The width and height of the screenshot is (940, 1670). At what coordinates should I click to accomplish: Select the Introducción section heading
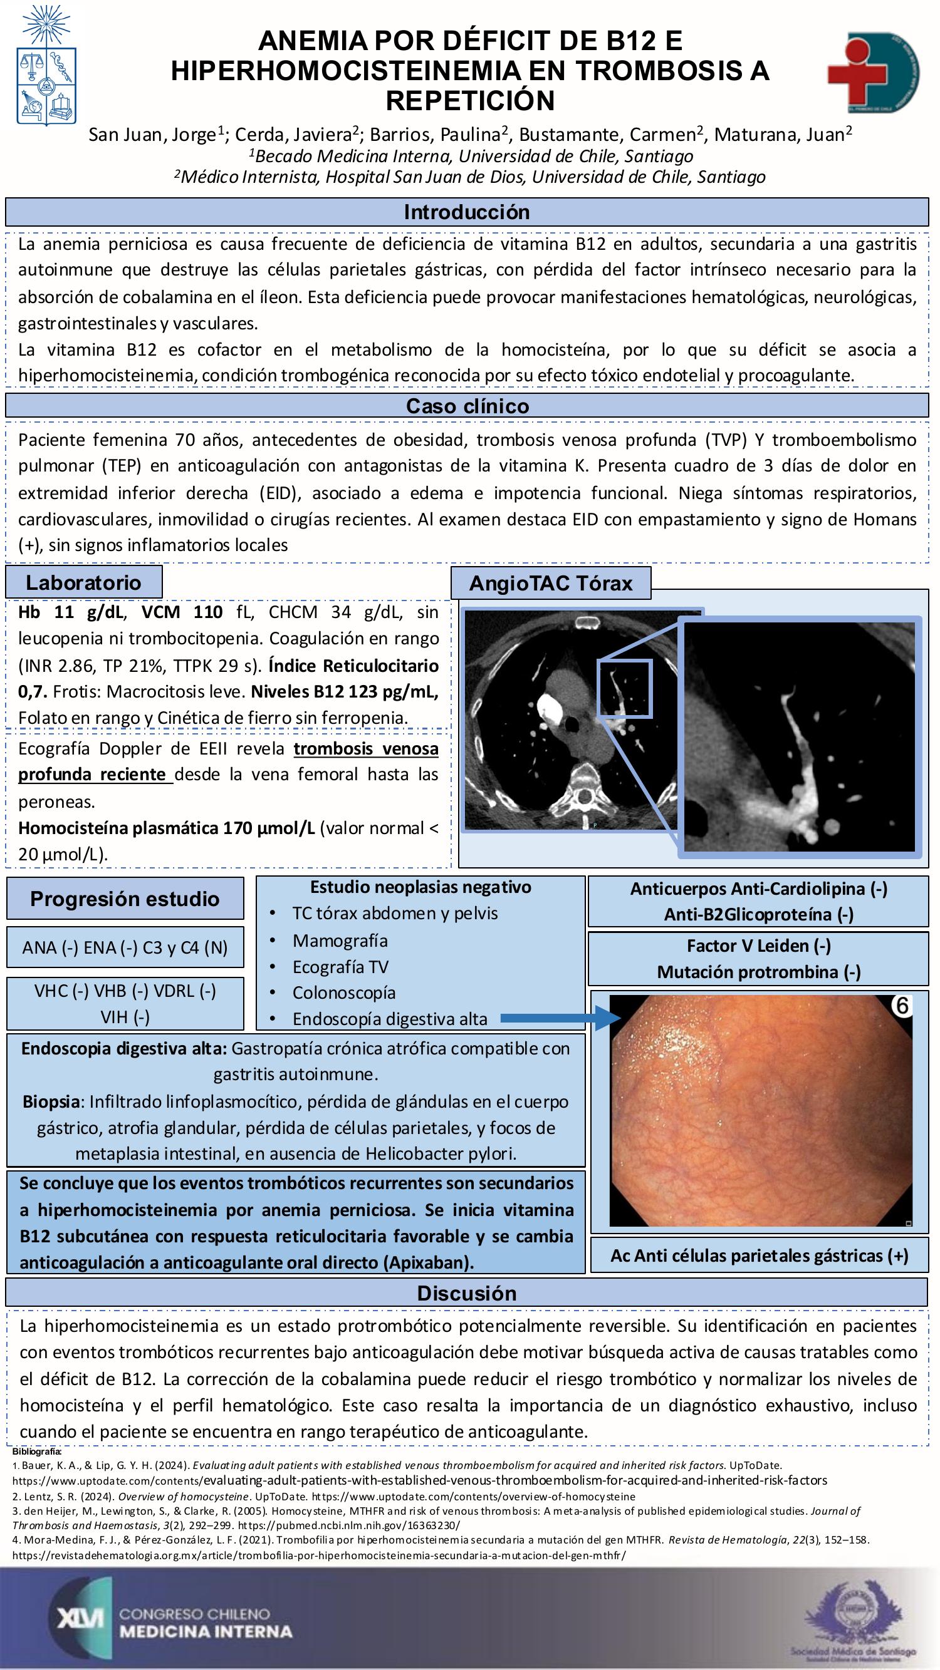click(x=466, y=212)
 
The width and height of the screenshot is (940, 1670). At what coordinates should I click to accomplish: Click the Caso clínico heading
click(x=467, y=406)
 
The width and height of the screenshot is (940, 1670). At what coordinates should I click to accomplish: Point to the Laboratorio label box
click(x=84, y=582)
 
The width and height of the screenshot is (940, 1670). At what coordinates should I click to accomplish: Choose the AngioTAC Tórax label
click(x=550, y=583)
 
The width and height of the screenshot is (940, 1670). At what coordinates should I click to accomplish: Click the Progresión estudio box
click(x=125, y=899)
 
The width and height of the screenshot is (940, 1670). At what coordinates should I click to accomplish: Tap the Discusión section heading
click(x=466, y=1293)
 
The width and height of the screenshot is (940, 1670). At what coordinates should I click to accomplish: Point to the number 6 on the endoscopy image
click(x=902, y=1006)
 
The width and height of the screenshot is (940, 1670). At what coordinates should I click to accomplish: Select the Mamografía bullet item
click(x=340, y=940)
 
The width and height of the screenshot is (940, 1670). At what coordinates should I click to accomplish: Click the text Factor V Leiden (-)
click(x=758, y=946)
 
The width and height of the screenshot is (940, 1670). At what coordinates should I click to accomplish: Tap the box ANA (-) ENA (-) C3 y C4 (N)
click(x=125, y=948)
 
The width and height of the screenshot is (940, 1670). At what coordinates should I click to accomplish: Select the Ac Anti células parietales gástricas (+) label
click(x=758, y=1255)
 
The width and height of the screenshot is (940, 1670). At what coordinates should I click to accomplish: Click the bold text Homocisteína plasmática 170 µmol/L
click(x=166, y=828)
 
